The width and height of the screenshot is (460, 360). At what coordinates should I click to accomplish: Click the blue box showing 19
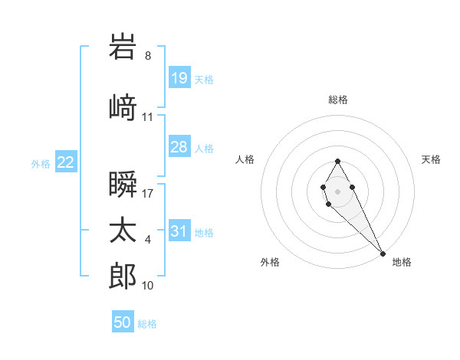click(179, 78)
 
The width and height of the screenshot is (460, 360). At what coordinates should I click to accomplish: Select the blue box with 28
click(179, 147)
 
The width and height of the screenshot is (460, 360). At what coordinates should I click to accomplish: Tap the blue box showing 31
click(179, 231)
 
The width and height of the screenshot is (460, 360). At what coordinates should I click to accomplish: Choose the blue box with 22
click(66, 162)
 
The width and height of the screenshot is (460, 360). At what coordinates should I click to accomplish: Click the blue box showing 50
click(123, 322)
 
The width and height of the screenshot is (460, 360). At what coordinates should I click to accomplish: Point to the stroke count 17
click(147, 193)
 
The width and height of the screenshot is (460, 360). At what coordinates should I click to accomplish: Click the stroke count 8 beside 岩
click(148, 55)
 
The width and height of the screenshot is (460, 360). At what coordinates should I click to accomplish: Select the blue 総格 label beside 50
click(147, 324)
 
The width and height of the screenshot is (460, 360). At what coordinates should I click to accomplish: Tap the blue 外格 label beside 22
click(41, 163)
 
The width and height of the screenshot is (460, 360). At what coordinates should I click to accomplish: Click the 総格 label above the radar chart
click(338, 100)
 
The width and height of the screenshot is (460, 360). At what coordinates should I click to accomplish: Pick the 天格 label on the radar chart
click(431, 159)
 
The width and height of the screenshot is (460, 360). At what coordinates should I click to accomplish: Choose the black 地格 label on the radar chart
click(402, 262)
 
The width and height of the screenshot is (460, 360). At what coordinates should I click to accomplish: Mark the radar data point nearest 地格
click(383, 252)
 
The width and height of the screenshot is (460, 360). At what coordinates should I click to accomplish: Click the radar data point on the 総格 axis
click(337, 161)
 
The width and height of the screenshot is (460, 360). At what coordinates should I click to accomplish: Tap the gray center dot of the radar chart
click(337, 191)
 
